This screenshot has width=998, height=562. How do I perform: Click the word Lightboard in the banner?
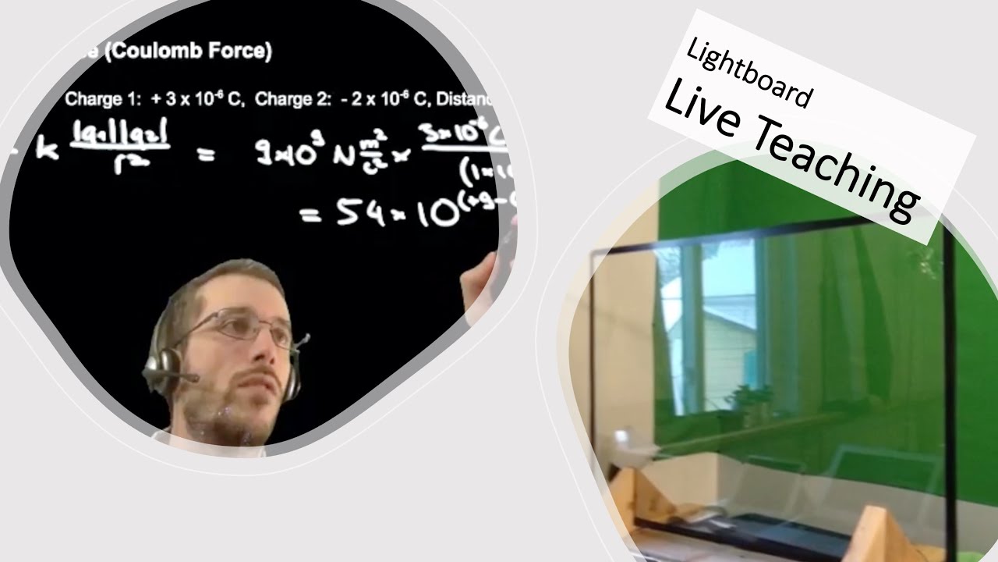click(749, 73)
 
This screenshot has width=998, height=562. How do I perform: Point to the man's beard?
click(234, 414)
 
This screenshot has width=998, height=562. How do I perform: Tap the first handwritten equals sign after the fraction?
click(205, 155)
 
